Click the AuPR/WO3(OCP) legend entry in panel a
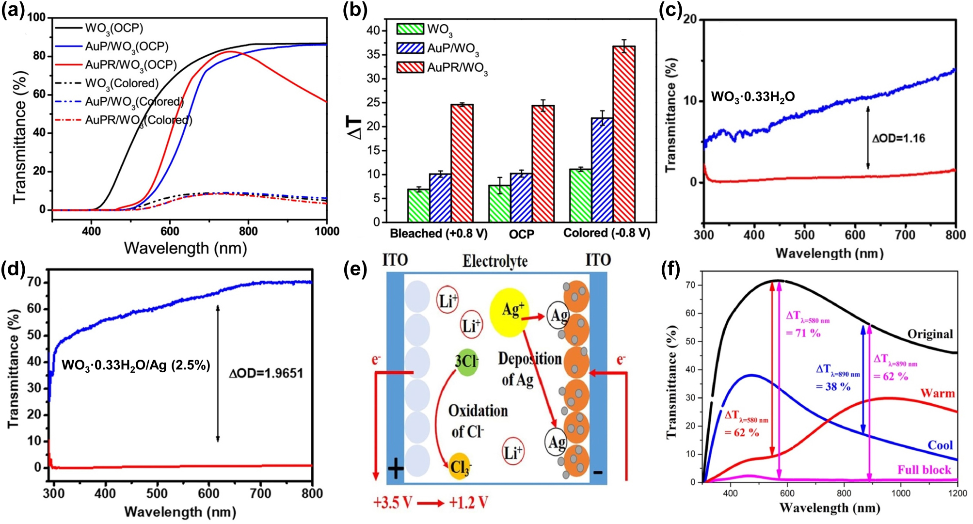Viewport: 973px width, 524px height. pyautogui.click(x=130, y=64)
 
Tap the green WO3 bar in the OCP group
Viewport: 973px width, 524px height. pyautogui.click(x=499, y=203)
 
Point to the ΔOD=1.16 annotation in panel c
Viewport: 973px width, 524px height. pyautogui.click(x=898, y=139)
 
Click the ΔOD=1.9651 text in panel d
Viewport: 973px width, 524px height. pyautogui.click(x=266, y=373)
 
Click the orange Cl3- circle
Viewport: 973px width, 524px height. pyautogui.click(x=460, y=467)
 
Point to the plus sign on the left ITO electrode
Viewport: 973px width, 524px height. pyautogui.click(x=396, y=469)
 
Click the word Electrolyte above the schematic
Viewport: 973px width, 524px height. pyautogui.click(x=494, y=262)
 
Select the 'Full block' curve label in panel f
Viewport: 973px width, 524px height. pyautogui.click(x=924, y=470)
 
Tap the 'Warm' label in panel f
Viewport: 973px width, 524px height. pyautogui.click(x=938, y=393)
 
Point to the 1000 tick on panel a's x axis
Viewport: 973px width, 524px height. pyautogui.click(x=327, y=231)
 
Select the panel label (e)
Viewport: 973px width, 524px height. pyautogui.click(x=356, y=270)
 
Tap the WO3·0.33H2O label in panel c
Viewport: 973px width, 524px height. pyautogui.click(x=752, y=97)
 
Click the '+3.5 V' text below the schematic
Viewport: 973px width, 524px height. pyautogui.click(x=392, y=503)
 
